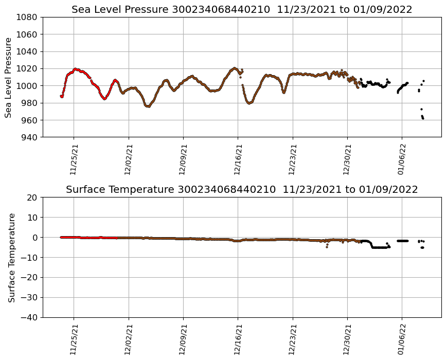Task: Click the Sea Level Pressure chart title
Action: pos(242,9)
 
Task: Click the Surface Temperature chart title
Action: pos(242,190)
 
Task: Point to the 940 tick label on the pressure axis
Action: pos(29,137)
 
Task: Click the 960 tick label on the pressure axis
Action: pos(29,120)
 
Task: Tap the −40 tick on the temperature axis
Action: pos(29,317)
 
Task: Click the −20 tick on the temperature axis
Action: pos(29,278)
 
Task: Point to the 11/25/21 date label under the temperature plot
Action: pos(74,339)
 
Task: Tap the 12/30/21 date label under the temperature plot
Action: pos(348,339)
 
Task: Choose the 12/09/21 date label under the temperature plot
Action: pos(183,339)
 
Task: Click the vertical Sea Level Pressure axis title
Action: pos(9,77)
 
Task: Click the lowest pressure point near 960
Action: pos(423,119)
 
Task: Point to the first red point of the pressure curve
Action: pos(61,96)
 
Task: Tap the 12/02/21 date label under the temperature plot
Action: pos(129,339)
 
